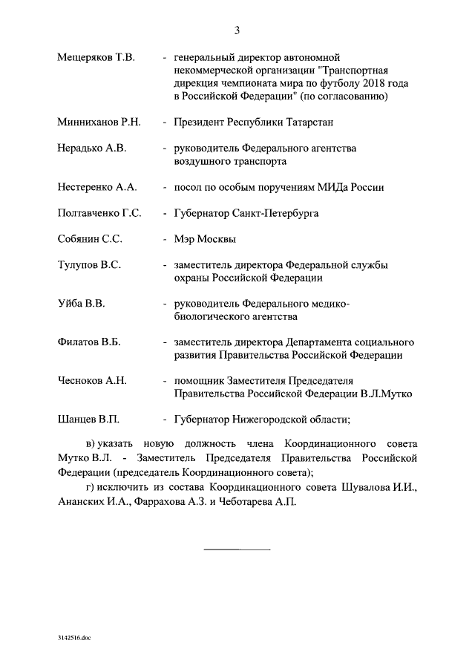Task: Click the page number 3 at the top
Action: [x=237, y=30]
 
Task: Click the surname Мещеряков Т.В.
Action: [x=95, y=57]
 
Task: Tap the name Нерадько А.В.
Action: [x=92, y=149]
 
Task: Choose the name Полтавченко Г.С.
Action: [x=99, y=214]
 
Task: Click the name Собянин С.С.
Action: [x=90, y=240]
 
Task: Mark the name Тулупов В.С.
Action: [x=89, y=266]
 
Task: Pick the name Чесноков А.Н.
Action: [x=92, y=381]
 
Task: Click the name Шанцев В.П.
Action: [x=88, y=420]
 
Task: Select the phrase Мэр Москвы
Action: [x=205, y=240]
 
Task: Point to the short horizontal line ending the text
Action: [x=237, y=550]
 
